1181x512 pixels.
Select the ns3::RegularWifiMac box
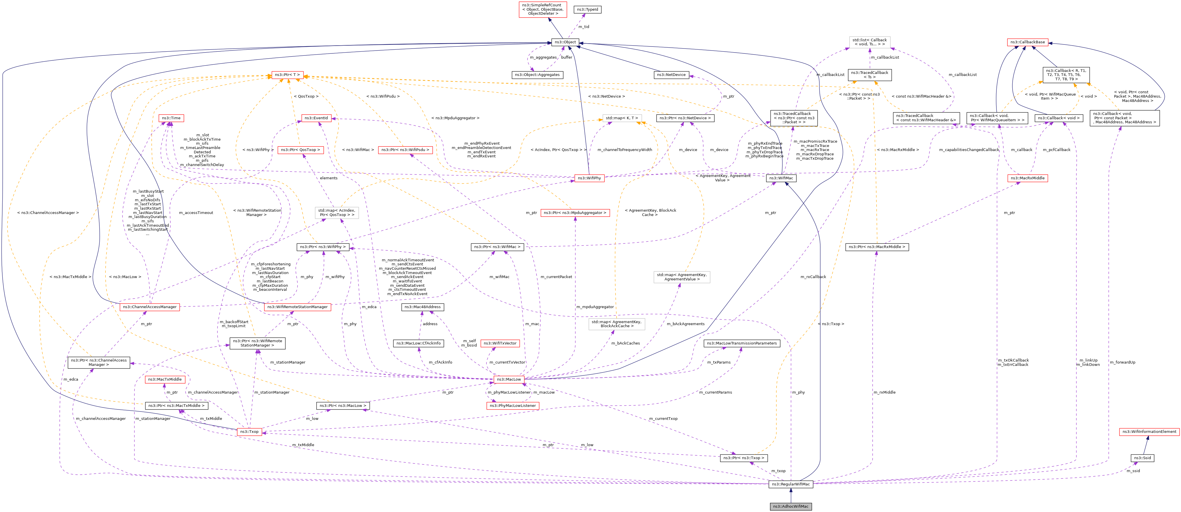(791, 484)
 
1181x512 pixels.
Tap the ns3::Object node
(565, 42)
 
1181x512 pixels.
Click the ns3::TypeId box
(587, 9)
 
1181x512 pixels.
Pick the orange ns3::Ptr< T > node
(287, 75)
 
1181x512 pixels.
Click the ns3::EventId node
(316, 118)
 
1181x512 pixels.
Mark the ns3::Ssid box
(1142, 458)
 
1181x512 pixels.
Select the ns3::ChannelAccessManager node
(149, 307)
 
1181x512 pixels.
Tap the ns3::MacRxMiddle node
(1027, 178)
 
